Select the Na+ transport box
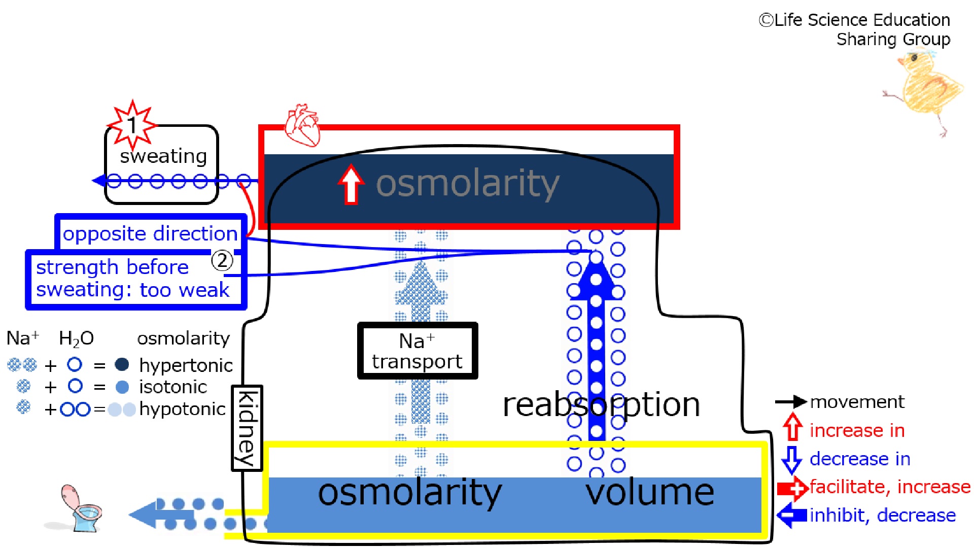pyautogui.click(x=418, y=351)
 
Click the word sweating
pyautogui.click(x=163, y=156)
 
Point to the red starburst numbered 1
pyautogui.click(x=132, y=124)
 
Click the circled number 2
pyautogui.click(x=222, y=260)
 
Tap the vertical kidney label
pyautogui.click(x=247, y=428)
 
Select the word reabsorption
pyautogui.click(x=601, y=404)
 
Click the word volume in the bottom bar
pyautogui.click(x=650, y=492)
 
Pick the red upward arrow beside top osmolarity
pyautogui.click(x=351, y=184)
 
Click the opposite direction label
pyautogui.click(x=150, y=233)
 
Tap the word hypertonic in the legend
pyautogui.click(x=186, y=365)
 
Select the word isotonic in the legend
pyautogui.click(x=173, y=387)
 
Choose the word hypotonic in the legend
pyautogui.click(x=182, y=409)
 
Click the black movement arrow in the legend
pyautogui.click(x=791, y=402)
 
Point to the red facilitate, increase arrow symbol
pyautogui.click(x=793, y=488)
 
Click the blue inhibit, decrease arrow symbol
pyautogui.click(x=792, y=516)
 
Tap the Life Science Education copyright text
pyautogui.click(x=854, y=29)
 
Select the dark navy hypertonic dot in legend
pyautogui.click(x=122, y=364)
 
